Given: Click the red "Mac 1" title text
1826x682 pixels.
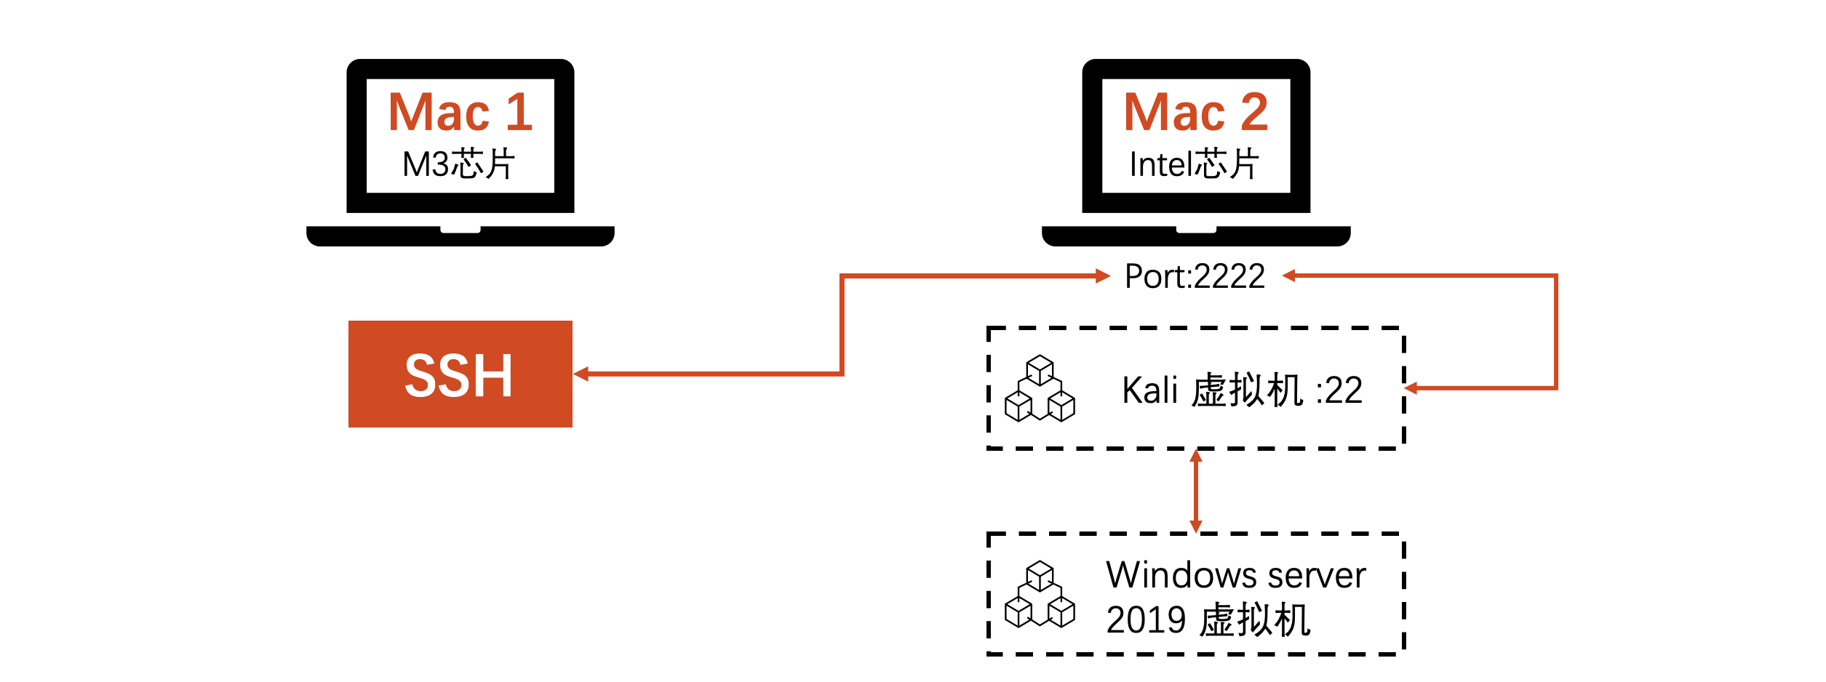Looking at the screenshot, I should (461, 113).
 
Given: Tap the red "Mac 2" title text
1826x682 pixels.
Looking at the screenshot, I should (1196, 113).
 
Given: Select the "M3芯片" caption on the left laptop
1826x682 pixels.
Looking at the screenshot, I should (459, 164).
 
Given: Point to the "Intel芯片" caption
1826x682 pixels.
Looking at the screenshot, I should (1194, 164).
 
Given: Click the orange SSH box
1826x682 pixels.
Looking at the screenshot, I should (460, 374).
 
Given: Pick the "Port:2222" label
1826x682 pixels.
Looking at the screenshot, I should (1195, 276).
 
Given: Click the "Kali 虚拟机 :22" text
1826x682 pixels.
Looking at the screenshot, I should (1242, 390).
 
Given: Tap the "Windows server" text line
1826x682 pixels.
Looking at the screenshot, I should (1235, 575).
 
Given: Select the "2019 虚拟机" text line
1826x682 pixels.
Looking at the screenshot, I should (1208, 620).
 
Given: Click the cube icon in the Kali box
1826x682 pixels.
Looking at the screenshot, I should (1040, 388).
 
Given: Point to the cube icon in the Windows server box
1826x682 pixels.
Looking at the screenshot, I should (1040, 594).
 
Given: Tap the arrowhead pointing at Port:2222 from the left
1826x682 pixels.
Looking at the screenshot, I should (1102, 276).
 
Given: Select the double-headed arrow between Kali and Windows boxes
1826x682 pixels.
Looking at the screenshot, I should (1195, 492).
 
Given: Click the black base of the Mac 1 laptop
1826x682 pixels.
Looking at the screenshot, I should (364, 237).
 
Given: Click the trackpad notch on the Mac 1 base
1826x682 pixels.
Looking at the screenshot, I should (460, 230).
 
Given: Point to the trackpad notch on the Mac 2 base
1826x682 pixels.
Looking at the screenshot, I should (1196, 230).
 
